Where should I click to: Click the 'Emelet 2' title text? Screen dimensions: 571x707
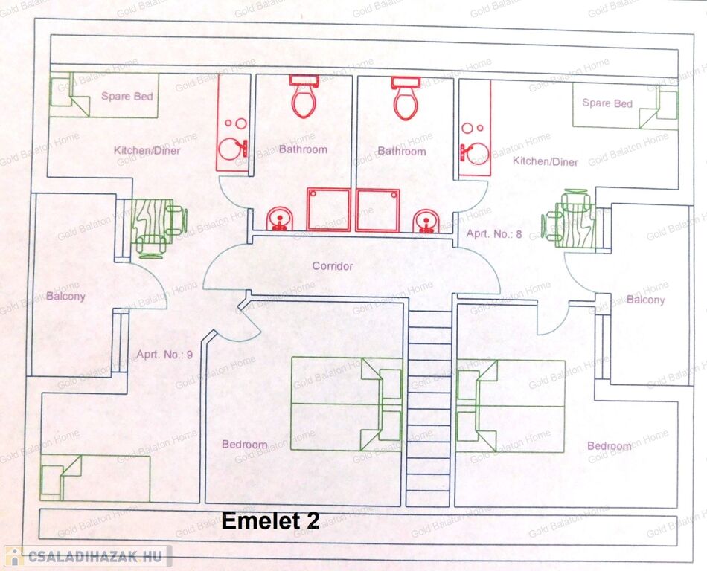(271, 521)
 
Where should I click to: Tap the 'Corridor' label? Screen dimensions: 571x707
(332, 266)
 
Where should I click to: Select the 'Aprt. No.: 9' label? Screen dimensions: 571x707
(164, 354)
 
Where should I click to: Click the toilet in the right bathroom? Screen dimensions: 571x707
(405, 98)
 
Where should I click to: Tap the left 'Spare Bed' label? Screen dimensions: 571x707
(127, 96)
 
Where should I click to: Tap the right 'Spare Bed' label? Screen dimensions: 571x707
(607, 103)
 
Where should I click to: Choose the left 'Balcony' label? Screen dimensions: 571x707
(65, 296)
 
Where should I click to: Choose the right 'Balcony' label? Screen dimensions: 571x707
(645, 300)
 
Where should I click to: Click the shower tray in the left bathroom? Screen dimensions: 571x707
(328, 209)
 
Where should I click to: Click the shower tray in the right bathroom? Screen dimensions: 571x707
(378, 210)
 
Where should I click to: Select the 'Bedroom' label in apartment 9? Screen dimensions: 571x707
(244, 445)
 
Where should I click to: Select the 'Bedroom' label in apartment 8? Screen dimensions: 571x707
(609, 446)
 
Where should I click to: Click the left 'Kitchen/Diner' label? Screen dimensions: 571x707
(147, 150)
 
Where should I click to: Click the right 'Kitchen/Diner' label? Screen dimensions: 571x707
(546, 161)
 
